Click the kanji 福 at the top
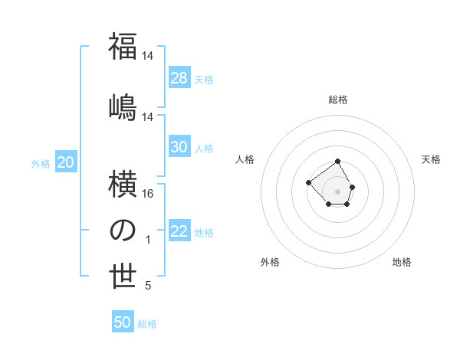(x=123, y=47)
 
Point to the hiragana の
(x=123, y=231)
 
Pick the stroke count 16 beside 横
(x=148, y=194)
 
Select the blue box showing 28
(x=179, y=78)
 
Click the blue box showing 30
(x=179, y=147)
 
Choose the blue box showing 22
(x=179, y=231)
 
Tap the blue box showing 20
(x=66, y=162)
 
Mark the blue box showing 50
(x=123, y=322)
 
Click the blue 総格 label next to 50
(x=147, y=324)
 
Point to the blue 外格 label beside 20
(x=41, y=164)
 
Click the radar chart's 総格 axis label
(x=338, y=100)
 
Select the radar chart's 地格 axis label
(x=402, y=262)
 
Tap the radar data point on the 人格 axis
(x=308, y=182)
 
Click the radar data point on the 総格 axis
(x=338, y=162)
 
